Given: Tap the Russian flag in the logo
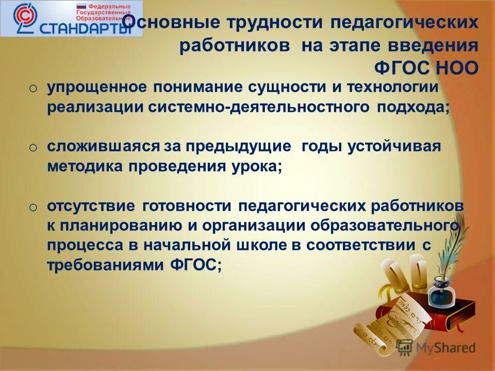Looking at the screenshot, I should [x=81, y=8].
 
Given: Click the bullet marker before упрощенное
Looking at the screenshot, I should [x=33, y=89].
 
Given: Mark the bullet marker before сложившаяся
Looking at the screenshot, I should [x=33, y=148].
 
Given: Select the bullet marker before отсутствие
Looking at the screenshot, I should [x=33, y=207].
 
